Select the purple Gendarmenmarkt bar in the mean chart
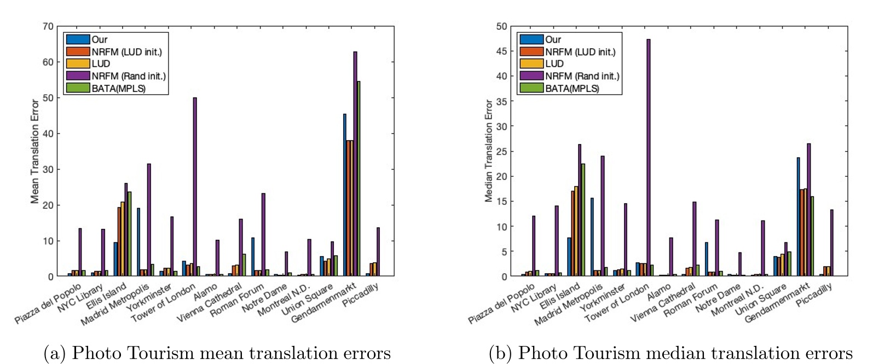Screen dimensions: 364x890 point(355,164)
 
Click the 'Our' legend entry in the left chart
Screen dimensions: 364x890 point(99,39)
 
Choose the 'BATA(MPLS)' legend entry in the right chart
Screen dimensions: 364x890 point(571,88)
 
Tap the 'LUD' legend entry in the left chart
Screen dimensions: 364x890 point(101,63)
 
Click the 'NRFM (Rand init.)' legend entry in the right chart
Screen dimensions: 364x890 point(582,76)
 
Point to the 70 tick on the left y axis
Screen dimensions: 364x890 point(48,26)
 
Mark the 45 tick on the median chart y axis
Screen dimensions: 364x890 point(501,51)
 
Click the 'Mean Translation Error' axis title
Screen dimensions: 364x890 point(35,152)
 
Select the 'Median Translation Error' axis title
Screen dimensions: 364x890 point(489,152)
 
